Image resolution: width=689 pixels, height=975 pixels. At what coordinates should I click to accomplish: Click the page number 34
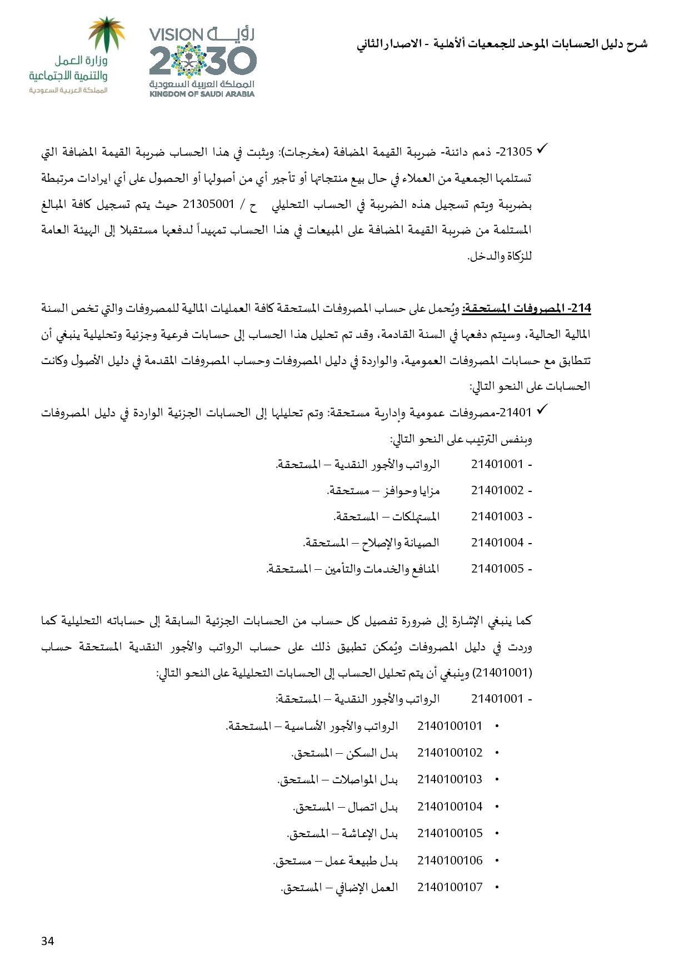[47, 941]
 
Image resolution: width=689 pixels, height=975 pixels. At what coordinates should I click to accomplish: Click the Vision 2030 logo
[202, 62]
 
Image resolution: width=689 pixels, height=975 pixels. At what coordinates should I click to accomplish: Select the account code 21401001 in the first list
[497, 464]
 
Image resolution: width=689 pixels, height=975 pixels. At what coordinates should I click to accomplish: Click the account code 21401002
[497, 490]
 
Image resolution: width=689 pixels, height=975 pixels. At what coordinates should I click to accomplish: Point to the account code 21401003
[497, 516]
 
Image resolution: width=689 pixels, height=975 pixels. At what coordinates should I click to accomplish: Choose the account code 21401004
[497, 543]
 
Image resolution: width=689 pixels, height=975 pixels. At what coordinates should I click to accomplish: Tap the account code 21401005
[497, 569]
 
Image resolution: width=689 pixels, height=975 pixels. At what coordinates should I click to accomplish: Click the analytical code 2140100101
[450, 726]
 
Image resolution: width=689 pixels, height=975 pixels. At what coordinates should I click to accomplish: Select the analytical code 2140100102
[450, 753]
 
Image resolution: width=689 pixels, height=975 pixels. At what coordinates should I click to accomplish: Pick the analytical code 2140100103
[450, 779]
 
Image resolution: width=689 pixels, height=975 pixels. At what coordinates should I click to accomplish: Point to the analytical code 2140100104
[450, 806]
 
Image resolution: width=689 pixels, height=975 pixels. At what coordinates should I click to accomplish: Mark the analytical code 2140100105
[450, 833]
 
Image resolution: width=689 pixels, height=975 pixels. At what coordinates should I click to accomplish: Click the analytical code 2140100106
[450, 860]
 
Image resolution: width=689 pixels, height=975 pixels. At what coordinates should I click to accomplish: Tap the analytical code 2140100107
[450, 887]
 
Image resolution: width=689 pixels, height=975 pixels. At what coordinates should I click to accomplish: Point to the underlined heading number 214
[581, 307]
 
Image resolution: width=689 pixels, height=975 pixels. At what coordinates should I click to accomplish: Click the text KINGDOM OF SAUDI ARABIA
[202, 94]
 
